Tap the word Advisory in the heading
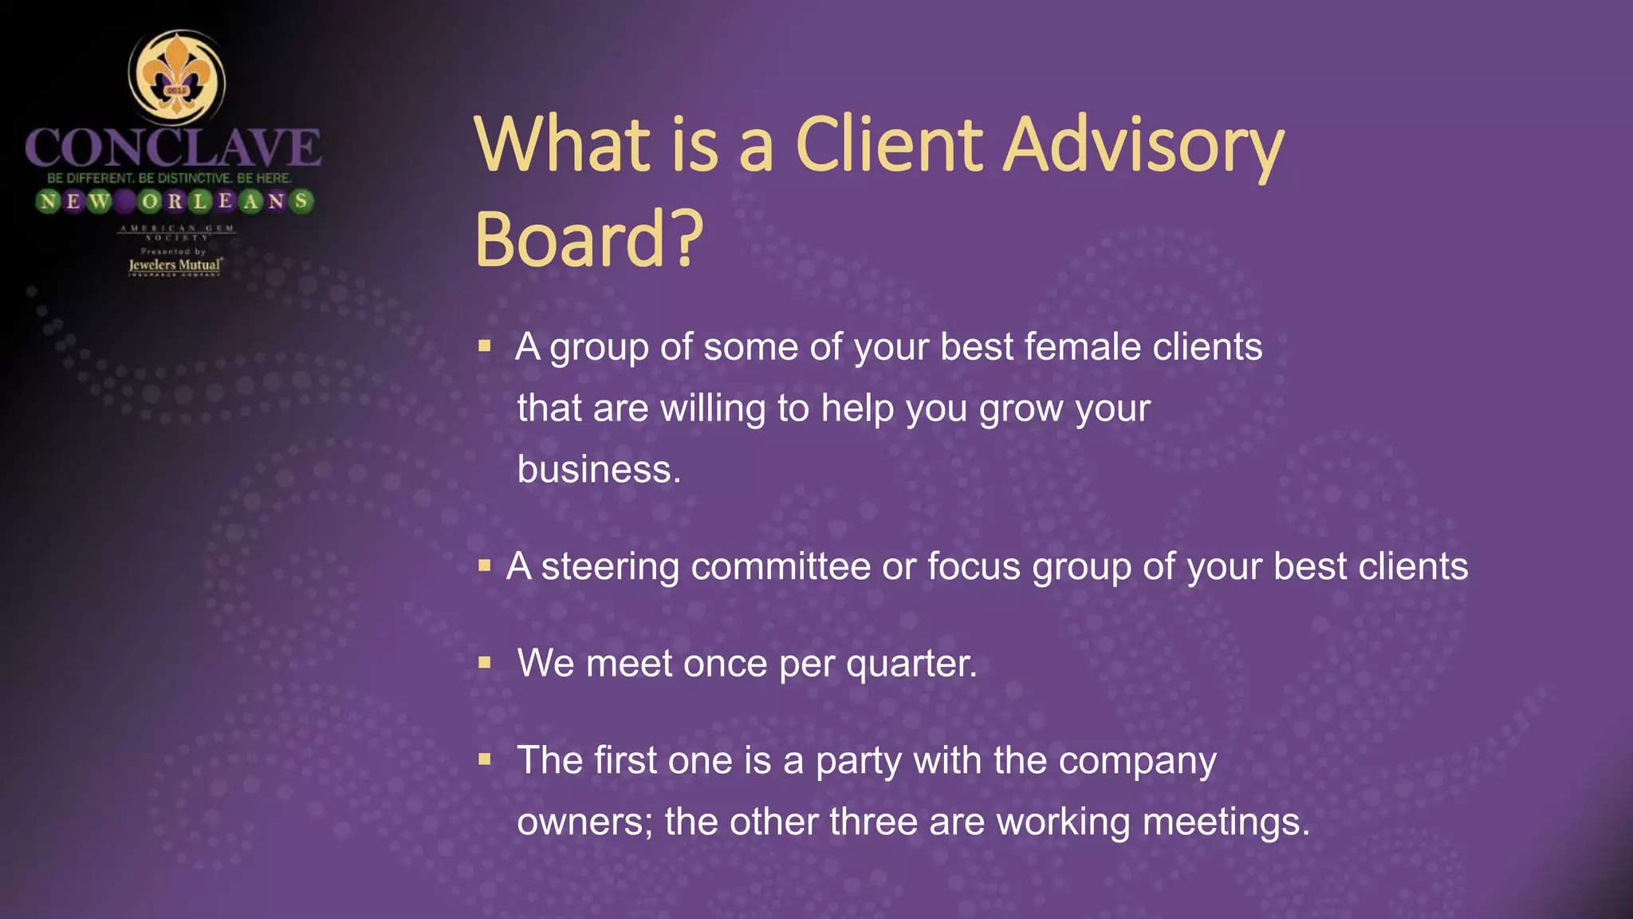click(1143, 145)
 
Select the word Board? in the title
click(588, 239)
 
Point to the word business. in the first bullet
click(599, 469)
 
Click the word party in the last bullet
click(858, 761)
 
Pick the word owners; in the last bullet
click(584, 822)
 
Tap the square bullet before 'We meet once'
click(484, 662)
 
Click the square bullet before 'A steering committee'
click(484, 566)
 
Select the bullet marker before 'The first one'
click(484, 759)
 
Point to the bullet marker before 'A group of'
click(484, 346)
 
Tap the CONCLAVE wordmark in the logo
click(173, 148)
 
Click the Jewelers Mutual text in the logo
click(175, 265)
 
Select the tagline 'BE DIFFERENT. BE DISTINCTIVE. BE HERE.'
click(170, 178)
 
